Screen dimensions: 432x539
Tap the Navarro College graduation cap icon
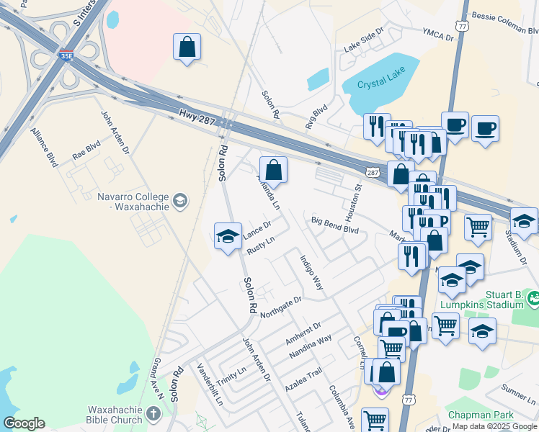[x=180, y=201]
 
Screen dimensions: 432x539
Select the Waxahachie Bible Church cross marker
[x=153, y=413]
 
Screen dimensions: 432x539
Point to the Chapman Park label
[x=481, y=415]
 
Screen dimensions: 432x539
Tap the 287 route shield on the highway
[x=372, y=173]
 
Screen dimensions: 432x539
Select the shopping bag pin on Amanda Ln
[x=273, y=171]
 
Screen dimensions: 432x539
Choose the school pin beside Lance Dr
[x=228, y=236]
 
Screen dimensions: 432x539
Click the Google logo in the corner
[x=24, y=423]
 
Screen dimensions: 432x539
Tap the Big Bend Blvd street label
[x=335, y=225]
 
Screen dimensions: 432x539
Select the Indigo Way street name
[x=312, y=273]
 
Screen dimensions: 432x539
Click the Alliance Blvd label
[x=44, y=148]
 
